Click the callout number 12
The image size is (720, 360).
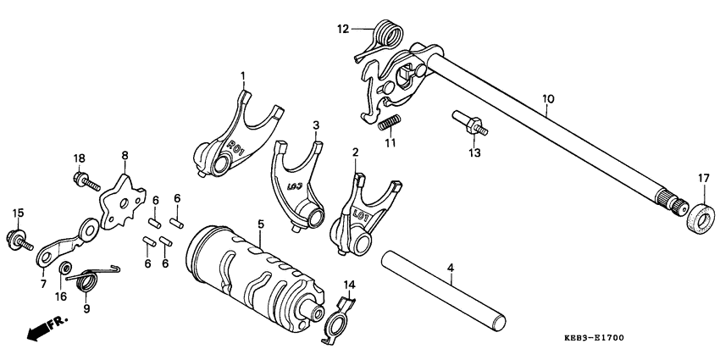[x=343, y=29]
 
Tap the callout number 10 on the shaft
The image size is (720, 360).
[x=548, y=99]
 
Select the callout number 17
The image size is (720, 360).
[x=702, y=177]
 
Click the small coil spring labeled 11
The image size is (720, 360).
[x=389, y=124]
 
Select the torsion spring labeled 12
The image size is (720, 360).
[x=387, y=34]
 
